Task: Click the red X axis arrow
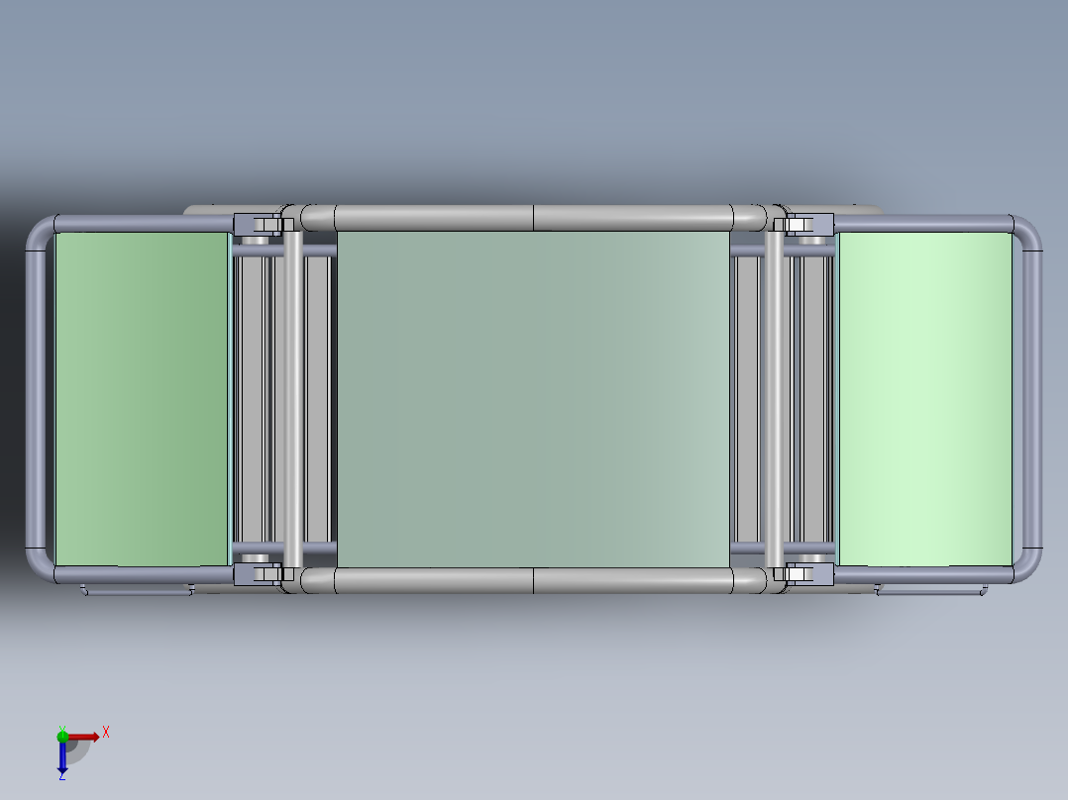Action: coord(85,736)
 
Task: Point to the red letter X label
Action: coord(105,733)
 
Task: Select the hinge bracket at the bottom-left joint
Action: coord(258,572)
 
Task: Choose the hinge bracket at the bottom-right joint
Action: coord(807,572)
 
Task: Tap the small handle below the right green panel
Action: coord(931,590)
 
